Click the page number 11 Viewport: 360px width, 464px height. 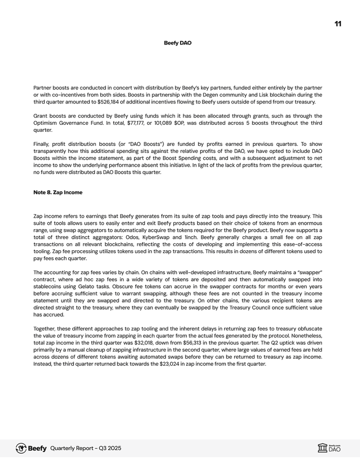338,23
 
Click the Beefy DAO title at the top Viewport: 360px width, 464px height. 177,43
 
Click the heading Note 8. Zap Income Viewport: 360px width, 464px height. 57,192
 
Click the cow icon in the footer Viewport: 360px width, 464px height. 21,448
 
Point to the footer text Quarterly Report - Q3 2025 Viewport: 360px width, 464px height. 85,449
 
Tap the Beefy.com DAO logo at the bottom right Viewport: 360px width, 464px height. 329,448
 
